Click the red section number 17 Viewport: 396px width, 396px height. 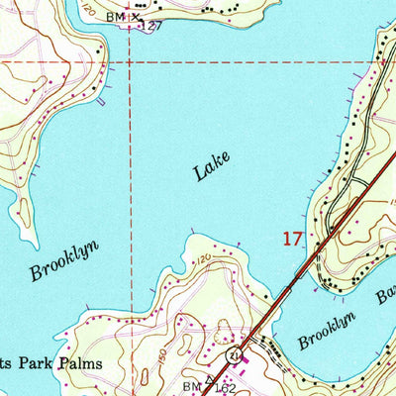pyautogui.click(x=290, y=239)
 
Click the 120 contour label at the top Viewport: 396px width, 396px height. pyautogui.click(x=90, y=10)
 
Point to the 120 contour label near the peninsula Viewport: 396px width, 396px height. pyautogui.click(x=203, y=259)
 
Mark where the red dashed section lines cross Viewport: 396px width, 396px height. pyautogui.click(x=130, y=62)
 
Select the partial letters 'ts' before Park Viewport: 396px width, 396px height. pyautogui.click(x=8, y=363)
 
